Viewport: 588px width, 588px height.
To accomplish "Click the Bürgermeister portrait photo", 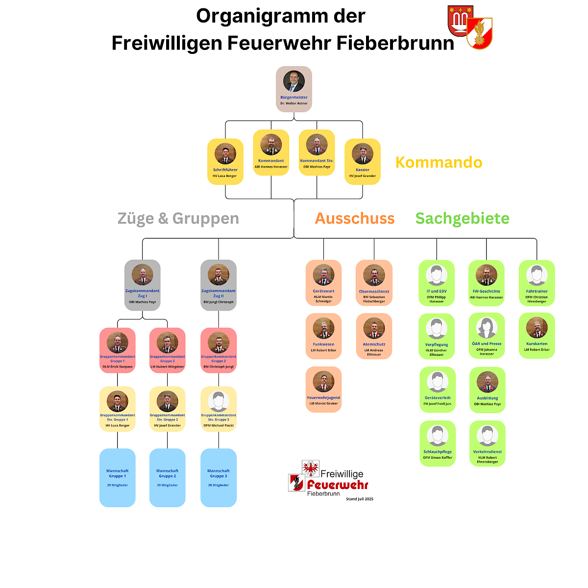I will click(294, 81).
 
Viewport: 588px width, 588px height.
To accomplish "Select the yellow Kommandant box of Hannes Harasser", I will click(271, 152).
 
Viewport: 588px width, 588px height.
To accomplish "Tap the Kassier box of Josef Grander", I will click(363, 162).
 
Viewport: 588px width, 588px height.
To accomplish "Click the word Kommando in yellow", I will click(439, 162).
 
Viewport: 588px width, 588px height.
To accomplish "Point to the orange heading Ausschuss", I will click(355, 218).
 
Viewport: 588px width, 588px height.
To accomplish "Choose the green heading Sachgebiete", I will click(462, 218).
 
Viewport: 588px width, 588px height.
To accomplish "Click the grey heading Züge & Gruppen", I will click(178, 218).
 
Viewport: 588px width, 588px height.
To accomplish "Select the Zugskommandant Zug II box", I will click(219, 285).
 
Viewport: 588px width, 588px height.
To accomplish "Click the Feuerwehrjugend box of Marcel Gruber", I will click(323, 390).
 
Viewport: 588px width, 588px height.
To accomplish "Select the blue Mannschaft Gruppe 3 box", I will click(219, 477).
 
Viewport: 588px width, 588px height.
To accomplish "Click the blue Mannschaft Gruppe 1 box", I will click(118, 477).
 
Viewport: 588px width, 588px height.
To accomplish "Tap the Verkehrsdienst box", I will click(487, 443).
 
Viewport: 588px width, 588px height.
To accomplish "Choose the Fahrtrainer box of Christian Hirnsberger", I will click(537, 283).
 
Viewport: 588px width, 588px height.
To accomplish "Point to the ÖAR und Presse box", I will click(487, 336).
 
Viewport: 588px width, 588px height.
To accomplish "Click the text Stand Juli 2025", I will click(360, 499).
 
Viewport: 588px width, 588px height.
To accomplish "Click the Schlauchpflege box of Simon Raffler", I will click(438, 443).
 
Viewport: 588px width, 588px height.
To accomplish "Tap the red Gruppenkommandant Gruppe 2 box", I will click(168, 350).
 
